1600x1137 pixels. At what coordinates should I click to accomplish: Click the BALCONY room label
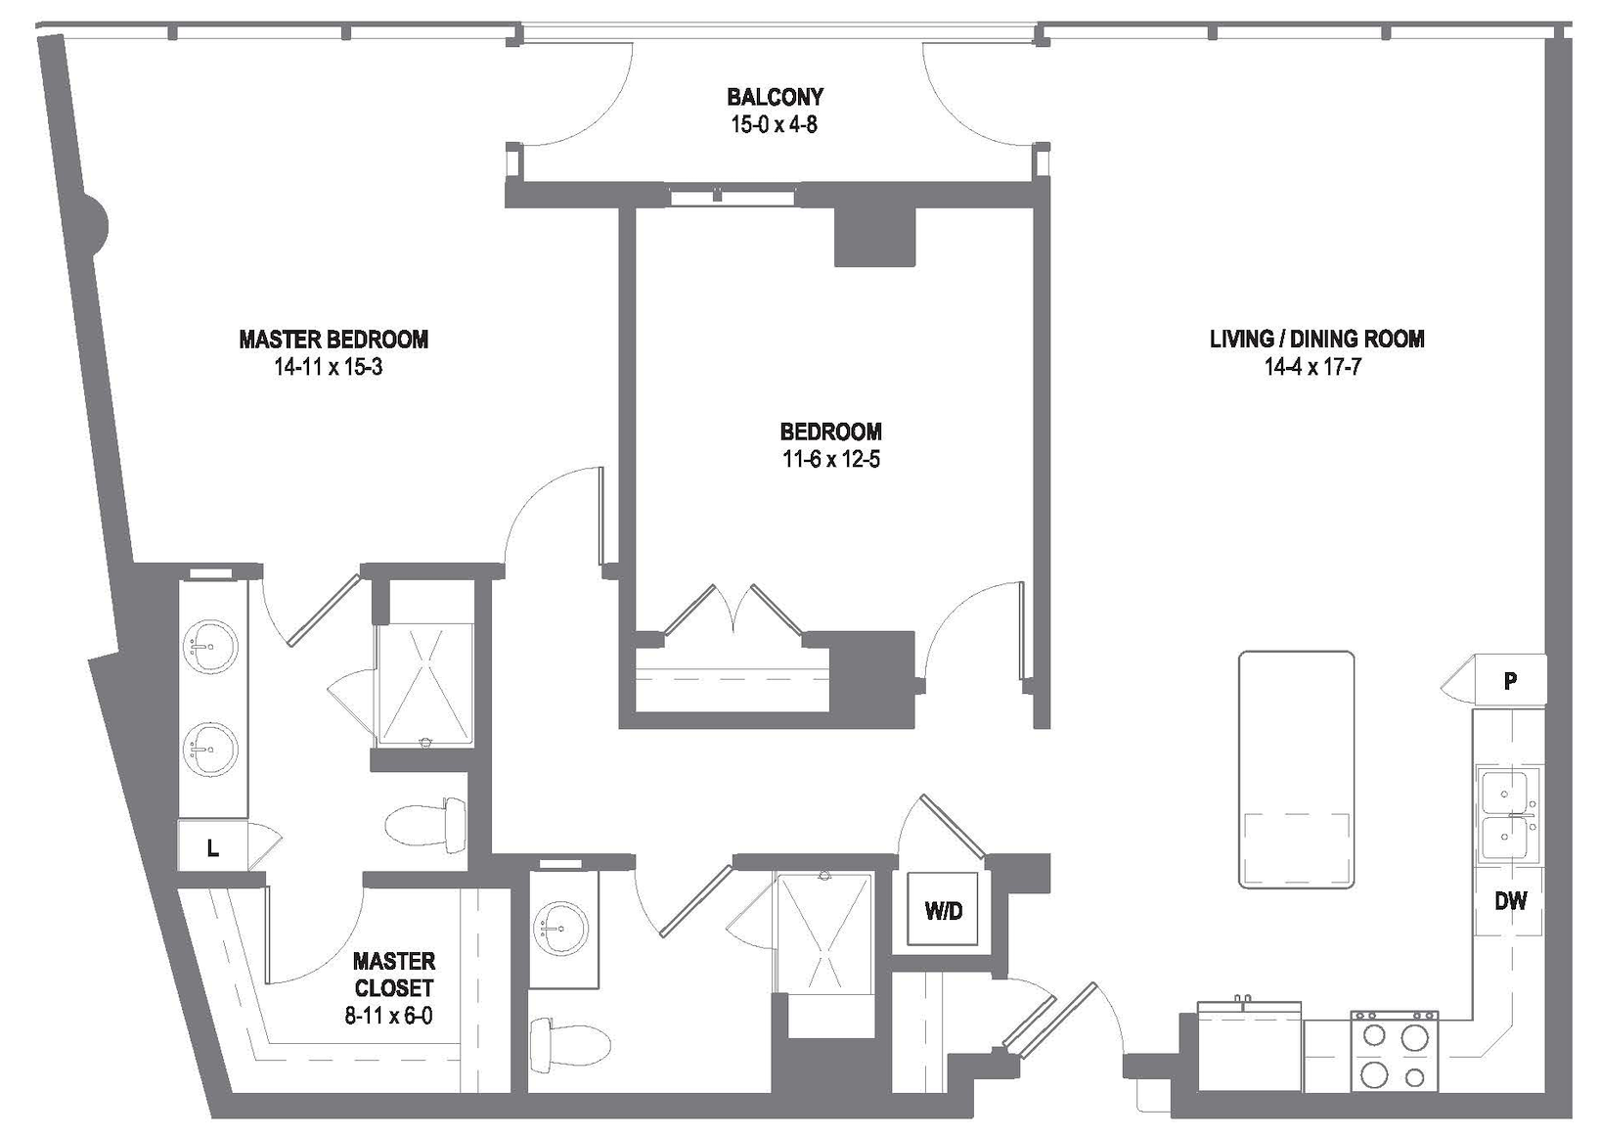click(x=775, y=97)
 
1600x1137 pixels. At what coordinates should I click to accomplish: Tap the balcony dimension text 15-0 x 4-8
click(x=775, y=124)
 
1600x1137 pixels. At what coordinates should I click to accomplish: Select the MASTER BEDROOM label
click(x=333, y=340)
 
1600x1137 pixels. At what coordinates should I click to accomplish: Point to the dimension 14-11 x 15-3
click(x=329, y=367)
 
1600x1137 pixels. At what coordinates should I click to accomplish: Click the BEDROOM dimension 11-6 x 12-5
click(x=831, y=459)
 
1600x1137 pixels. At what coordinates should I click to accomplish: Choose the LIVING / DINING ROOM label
click(x=1317, y=339)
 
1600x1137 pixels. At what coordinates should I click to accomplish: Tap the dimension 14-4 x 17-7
click(x=1312, y=367)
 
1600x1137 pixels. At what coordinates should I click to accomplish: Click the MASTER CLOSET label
click(x=394, y=974)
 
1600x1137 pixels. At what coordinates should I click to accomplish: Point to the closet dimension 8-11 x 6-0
click(x=389, y=1016)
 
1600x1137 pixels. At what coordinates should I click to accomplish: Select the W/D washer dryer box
click(x=943, y=910)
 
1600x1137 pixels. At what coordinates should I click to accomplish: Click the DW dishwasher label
click(x=1510, y=901)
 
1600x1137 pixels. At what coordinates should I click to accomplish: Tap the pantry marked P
click(x=1509, y=680)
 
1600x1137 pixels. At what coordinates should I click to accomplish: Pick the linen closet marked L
click(x=212, y=847)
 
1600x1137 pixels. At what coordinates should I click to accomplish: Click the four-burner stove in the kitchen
click(x=1394, y=1052)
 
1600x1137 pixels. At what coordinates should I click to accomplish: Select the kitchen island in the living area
click(x=1296, y=770)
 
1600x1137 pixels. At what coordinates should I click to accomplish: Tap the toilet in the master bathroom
click(x=425, y=826)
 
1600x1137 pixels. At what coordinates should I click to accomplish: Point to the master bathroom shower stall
click(x=425, y=685)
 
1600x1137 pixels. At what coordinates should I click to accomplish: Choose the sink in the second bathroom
click(x=560, y=928)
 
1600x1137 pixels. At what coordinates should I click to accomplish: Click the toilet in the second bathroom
click(x=570, y=1044)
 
